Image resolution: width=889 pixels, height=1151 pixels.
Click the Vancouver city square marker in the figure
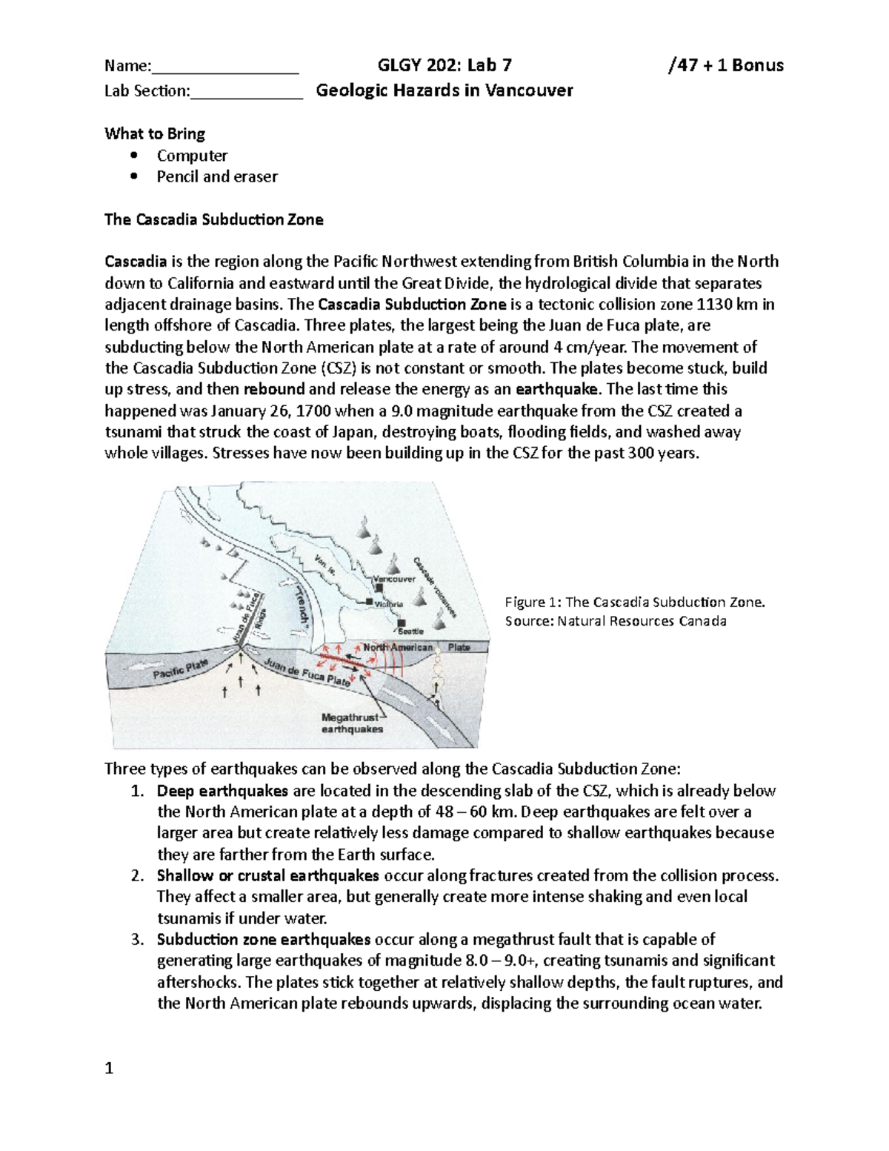tap(379, 588)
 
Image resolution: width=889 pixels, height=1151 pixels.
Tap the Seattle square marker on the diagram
tap(401, 623)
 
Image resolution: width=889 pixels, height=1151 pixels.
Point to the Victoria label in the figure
tap(388, 604)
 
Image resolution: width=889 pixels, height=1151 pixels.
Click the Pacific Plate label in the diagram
tap(181, 670)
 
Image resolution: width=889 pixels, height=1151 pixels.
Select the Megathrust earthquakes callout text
tap(352, 723)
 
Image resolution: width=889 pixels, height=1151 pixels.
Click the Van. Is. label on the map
tap(327, 566)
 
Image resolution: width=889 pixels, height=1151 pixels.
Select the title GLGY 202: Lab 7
tap(444, 65)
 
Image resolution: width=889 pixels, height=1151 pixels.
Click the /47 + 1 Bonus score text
tap(725, 65)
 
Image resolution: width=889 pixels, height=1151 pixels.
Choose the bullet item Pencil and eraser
tap(217, 176)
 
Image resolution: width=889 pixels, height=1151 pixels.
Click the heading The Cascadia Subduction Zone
tap(213, 219)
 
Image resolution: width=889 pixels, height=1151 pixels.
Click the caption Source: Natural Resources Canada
tap(615, 621)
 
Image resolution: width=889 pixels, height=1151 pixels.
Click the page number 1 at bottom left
tap(109, 1068)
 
